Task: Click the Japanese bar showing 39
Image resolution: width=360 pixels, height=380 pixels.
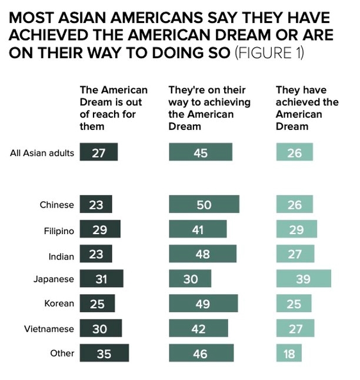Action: (304, 278)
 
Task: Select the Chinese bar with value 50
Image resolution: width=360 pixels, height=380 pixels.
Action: (204, 204)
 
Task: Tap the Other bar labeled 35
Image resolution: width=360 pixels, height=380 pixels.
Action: (104, 353)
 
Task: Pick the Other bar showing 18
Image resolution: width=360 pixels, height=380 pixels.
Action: (289, 353)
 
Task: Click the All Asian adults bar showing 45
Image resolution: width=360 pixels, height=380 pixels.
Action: (201, 152)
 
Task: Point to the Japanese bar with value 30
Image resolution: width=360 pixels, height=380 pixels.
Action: (190, 278)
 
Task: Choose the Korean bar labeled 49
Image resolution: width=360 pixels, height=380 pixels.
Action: (204, 303)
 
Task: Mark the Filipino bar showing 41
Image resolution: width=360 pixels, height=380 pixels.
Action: (198, 229)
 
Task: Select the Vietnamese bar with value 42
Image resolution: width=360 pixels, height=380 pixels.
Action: (199, 328)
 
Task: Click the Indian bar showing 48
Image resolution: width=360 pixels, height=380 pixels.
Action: (203, 254)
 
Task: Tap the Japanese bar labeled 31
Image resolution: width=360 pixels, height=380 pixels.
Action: (102, 278)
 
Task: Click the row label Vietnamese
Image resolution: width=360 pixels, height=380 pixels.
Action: (49, 329)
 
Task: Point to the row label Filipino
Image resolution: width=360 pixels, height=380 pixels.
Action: (59, 231)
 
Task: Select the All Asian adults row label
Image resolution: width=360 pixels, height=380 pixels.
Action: (42, 153)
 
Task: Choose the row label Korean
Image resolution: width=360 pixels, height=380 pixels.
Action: (59, 304)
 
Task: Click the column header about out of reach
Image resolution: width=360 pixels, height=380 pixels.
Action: (114, 108)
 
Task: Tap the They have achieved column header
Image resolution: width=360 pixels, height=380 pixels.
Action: (307, 108)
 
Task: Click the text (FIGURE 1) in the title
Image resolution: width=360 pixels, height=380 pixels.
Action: (269, 52)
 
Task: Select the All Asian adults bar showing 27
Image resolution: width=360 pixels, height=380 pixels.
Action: (99, 152)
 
